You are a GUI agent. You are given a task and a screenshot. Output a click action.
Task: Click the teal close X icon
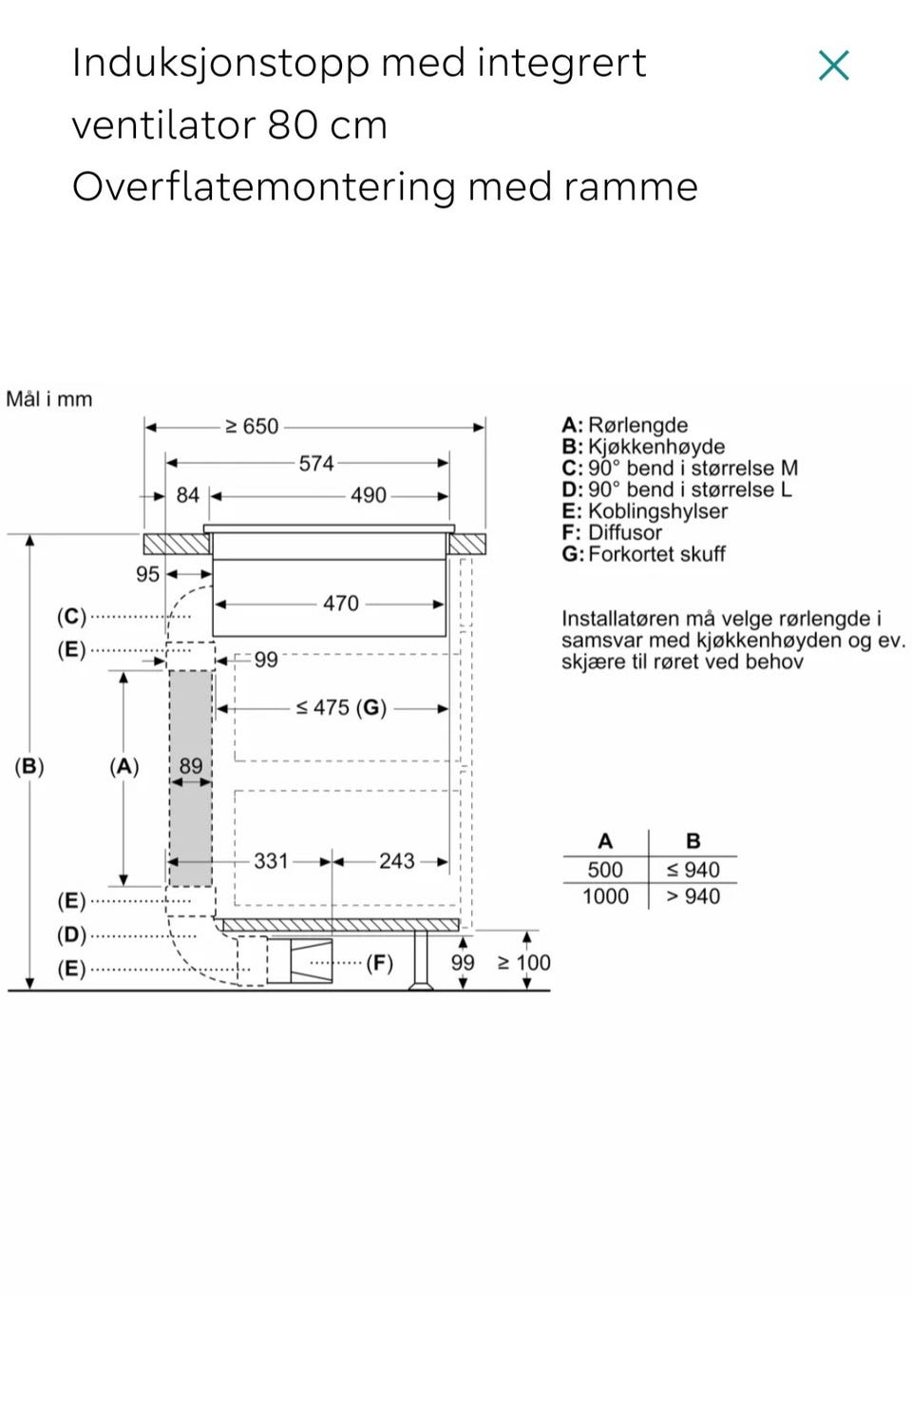pos(833,66)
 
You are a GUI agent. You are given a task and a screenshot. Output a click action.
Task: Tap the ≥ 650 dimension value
pos(252,426)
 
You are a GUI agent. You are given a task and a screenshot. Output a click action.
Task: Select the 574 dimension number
pos(316,464)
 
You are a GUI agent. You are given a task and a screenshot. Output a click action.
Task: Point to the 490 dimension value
pos(368,495)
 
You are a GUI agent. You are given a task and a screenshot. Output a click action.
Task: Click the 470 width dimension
pos(341,603)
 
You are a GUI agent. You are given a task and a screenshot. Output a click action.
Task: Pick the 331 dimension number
pos(271,861)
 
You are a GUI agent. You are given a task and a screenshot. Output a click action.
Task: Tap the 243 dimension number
pos(397,861)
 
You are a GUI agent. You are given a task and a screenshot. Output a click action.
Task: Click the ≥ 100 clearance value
pos(523,962)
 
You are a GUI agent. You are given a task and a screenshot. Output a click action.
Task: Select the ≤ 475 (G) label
pos(341,707)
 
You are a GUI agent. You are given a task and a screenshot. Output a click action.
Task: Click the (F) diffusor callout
pos(379,963)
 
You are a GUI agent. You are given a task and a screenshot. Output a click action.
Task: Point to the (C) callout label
pos(71,616)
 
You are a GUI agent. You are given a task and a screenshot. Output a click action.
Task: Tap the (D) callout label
pos(71,935)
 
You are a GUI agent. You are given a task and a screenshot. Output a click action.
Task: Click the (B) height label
pos(29,766)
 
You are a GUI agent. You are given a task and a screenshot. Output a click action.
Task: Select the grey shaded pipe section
pos(191,778)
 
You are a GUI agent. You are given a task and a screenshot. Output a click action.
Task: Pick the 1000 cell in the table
pos(605,896)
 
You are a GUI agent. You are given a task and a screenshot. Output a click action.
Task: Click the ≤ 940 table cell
pos(693,870)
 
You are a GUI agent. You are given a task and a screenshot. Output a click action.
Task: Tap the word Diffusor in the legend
pos(624,532)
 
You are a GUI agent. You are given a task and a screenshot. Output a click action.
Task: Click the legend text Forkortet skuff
pos(656,554)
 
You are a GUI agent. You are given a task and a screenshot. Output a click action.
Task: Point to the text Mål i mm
pos(48,399)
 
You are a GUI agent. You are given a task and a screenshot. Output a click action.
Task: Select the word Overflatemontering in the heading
pos(263,188)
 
